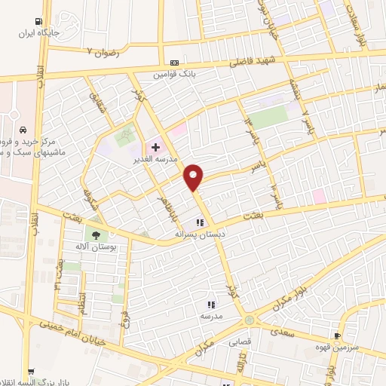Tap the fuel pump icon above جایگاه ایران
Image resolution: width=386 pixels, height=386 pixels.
coord(38,23)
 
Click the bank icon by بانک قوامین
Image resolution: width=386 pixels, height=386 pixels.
coord(175,63)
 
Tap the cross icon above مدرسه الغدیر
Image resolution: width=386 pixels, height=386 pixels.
coord(155,148)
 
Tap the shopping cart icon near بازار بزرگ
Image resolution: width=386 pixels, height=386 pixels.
coord(30,371)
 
